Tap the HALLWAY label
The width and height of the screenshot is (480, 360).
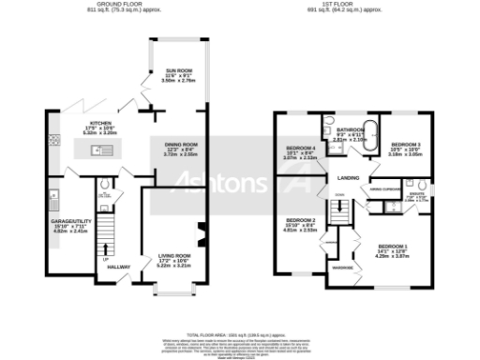pyautogui.click(x=119, y=267)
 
